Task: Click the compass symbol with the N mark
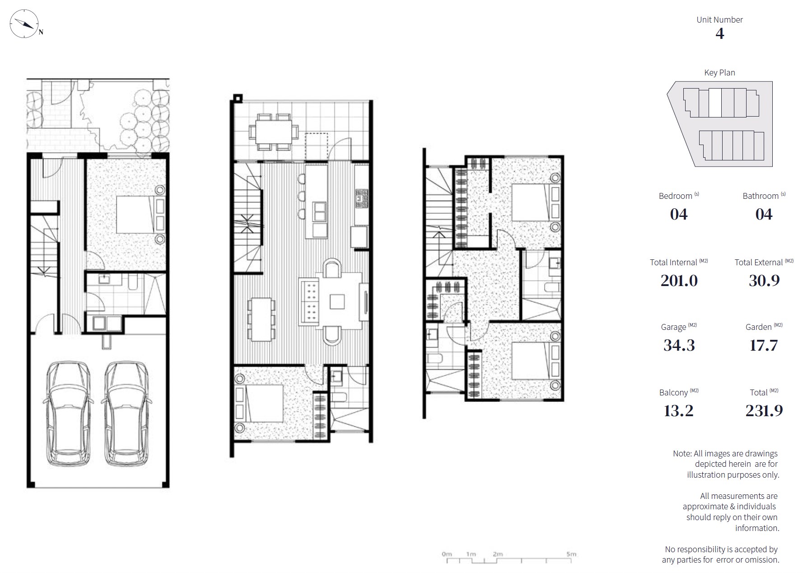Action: click(23, 24)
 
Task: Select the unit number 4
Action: click(719, 33)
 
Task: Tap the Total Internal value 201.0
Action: click(679, 281)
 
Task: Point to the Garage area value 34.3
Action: click(679, 345)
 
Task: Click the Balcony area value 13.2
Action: click(678, 411)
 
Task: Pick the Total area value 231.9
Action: click(764, 411)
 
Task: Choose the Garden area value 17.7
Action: click(763, 345)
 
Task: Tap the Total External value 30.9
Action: click(764, 281)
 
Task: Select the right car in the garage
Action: click(126, 413)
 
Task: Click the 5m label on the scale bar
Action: click(571, 554)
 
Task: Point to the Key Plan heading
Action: click(719, 73)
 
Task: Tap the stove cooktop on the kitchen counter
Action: click(361, 198)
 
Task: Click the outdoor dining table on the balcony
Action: click(273, 132)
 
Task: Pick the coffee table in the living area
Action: click(337, 301)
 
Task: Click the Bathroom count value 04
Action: click(764, 215)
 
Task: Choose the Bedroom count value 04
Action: click(679, 215)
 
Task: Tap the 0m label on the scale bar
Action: click(446, 554)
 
